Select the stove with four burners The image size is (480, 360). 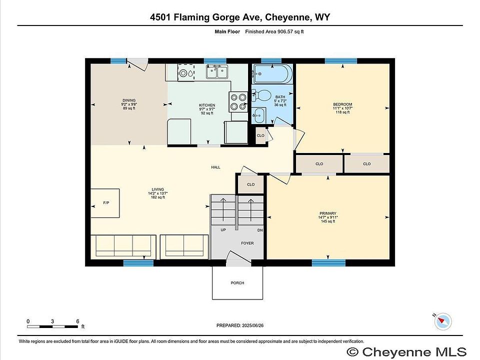238,102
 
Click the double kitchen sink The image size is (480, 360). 216,71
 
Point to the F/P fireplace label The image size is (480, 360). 106,203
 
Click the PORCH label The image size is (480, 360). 237,283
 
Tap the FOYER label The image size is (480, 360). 247,243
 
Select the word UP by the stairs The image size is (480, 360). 223,230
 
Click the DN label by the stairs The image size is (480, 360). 260,230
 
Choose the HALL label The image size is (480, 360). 215,167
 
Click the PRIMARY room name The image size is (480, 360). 328,213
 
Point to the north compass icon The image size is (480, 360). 442,321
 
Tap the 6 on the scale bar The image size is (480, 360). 78,321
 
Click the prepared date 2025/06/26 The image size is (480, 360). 252,325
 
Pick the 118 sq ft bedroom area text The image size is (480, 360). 342,112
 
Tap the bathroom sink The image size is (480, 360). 258,115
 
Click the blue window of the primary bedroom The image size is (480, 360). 328,262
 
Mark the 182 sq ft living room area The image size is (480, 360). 157,197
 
